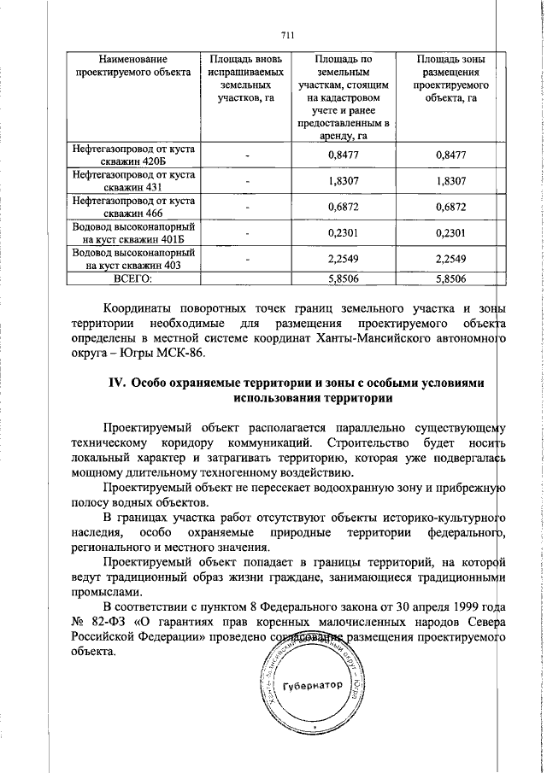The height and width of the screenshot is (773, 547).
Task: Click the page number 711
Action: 287,35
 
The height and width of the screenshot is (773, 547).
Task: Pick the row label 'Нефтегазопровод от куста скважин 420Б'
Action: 132,155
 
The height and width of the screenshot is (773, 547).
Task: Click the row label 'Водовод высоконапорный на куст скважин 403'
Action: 132,259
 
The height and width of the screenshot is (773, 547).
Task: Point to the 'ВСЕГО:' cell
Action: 132,278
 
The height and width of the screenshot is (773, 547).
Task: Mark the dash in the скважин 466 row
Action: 246,208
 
